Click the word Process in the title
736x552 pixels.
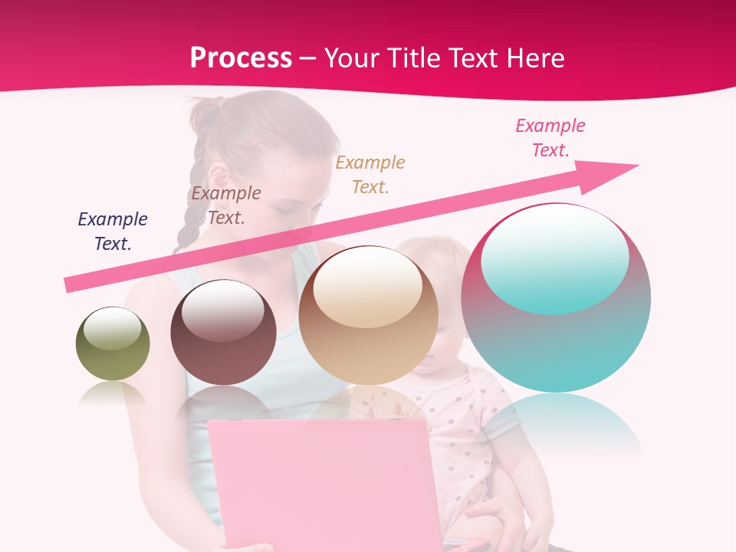[241, 58]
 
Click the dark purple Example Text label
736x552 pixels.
[113, 232]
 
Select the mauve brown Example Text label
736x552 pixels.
[226, 205]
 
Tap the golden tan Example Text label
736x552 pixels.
[370, 174]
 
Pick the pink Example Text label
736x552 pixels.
[550, 138]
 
